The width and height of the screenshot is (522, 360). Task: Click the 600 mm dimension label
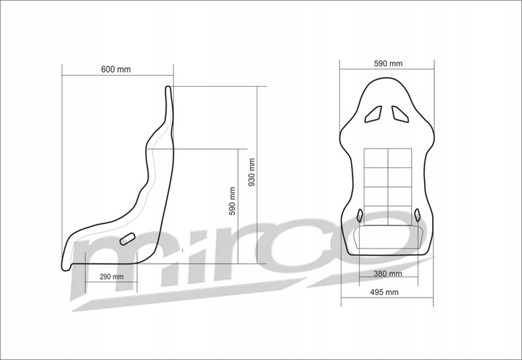[x=116, y=70]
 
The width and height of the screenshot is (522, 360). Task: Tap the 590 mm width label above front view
[x=389, y=64]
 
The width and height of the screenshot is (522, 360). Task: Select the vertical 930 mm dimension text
[x=252, y=172]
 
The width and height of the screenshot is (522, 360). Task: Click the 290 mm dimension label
[x=111, y=277]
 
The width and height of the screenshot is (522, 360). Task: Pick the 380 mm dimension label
[x=388, y=274]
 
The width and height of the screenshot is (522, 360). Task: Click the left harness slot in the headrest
[x=374, y=113]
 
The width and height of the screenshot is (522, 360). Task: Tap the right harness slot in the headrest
[x=399, y=113]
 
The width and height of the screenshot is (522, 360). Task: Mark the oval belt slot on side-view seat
[x=128, y=239]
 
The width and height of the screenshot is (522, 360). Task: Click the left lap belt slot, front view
[x=360, y=214]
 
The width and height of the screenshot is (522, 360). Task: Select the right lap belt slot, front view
[x=418, y=214]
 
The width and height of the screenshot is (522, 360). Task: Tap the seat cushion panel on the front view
[x=388, y=238]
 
